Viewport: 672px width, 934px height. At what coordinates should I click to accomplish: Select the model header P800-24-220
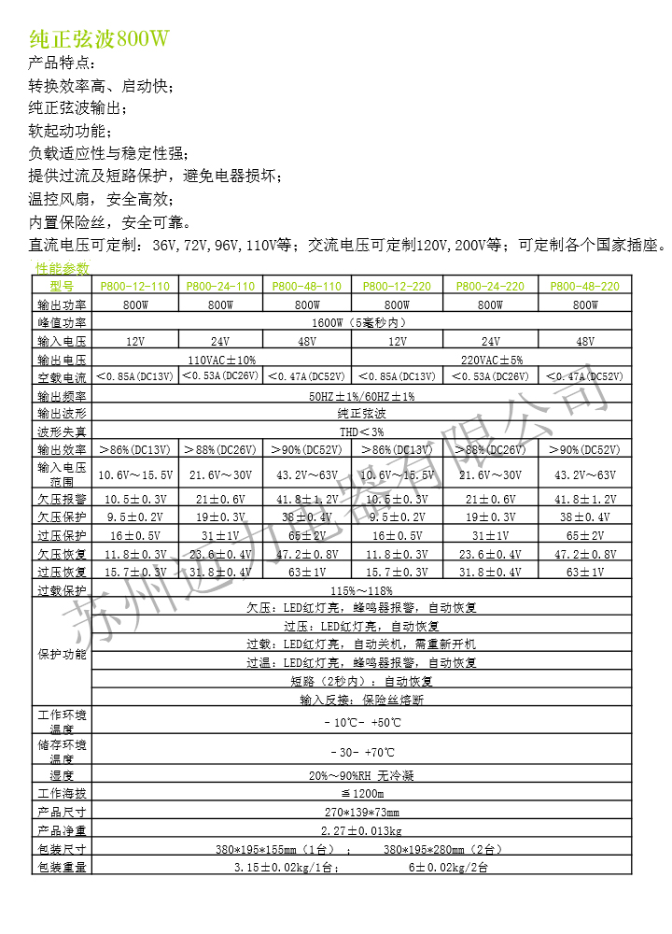point(490,286)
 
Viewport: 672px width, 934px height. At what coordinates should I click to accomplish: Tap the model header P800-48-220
point(585,286)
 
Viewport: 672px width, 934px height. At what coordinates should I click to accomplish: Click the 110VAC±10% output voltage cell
point(222,359)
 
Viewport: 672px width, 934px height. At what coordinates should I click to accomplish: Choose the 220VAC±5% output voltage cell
point(491,359)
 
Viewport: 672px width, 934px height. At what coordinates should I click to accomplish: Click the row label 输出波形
point(62,413)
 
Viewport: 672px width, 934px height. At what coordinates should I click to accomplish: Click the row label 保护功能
point(62,654)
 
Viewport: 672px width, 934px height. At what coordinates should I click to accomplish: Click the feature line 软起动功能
point(70,131)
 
